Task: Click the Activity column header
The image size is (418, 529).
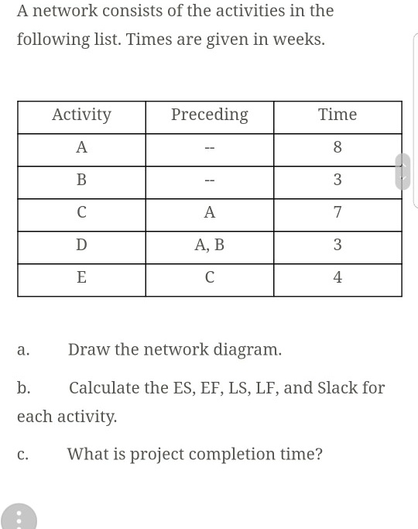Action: click(81, 115)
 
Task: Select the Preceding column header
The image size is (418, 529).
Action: click(209, 115)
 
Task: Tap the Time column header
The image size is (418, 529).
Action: click(337, 115)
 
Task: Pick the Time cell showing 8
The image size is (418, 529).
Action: click(337, 147)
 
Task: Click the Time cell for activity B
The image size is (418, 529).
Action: click(337, 180)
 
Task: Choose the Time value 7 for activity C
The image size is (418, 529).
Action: click(337, 212)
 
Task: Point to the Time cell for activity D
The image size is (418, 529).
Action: click(337, 245)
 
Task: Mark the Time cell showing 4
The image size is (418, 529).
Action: click(337, 277)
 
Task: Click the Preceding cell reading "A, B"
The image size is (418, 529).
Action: click(209, 245)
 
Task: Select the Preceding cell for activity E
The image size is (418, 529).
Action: click(209, 277)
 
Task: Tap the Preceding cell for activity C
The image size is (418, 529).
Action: click(209, 212)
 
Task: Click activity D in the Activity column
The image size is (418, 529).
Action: click(81, 245)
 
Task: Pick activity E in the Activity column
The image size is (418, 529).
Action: click(81, 277)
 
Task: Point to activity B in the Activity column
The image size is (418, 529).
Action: click(81, 180)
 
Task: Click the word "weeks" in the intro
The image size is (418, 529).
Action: click(298, 40)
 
